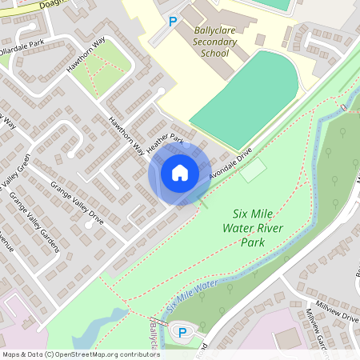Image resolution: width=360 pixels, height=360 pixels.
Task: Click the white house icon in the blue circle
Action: (180, 173)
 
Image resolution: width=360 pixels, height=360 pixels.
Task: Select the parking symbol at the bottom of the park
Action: (182, 332)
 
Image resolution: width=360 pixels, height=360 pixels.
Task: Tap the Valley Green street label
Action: (15, 179)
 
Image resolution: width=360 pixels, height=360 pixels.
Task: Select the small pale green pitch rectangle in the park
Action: (254, 170)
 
